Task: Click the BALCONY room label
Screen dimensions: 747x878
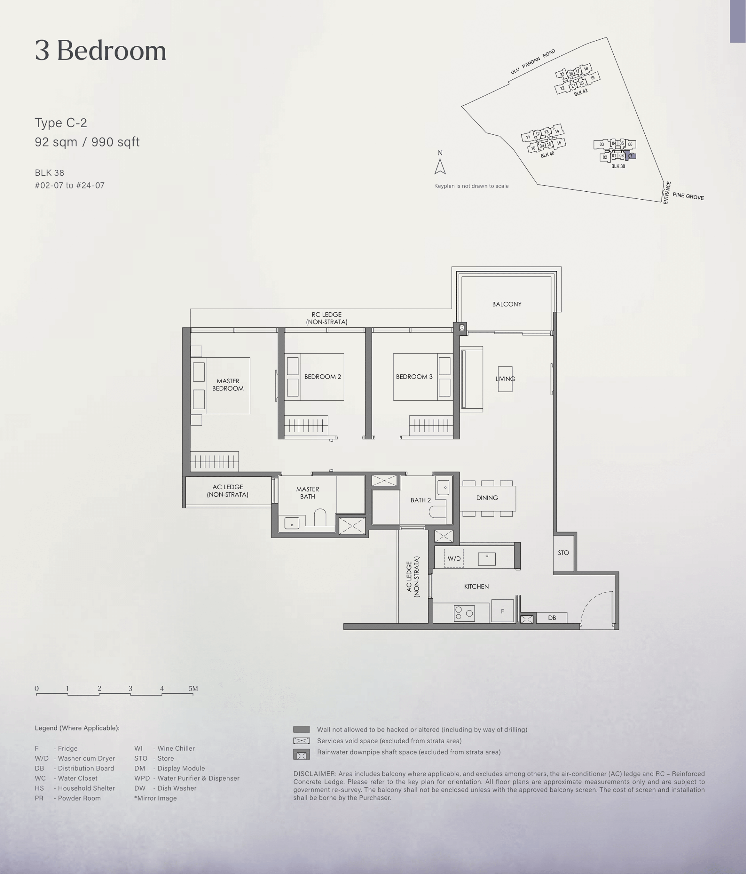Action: pyautogui.click(x=507, y=304)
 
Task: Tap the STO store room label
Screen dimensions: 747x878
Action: pyautogui.click(x=563, y=553)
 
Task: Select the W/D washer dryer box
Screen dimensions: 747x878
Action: pyautogui.click(x=454, y=558)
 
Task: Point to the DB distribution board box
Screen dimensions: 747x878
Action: pyautogui.click(x=552, y=618)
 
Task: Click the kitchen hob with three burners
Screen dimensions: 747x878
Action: pyautogui.click(x=464, y=613)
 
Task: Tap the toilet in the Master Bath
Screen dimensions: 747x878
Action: pyautogui.click(x=320, y=517)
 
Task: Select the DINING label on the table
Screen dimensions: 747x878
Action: pyautogui.click(x=487, y=498)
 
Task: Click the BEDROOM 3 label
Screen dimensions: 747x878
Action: pyautogui.click(x=414, y=377)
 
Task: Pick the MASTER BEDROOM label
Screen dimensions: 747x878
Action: pyautogui.click(x=228, y=385)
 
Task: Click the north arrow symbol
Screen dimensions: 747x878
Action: pyautogui.click(x=440, y=166)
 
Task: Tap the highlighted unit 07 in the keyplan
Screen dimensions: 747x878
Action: pyautogui.click(x=630, y=156)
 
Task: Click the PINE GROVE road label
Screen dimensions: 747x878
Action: pyautogui.click(x=688, y=196)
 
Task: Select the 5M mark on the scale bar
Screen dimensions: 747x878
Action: pyautogui.click(x=193, y=689)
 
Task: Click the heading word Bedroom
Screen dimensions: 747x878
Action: pyautogui.click(x=111, y=51)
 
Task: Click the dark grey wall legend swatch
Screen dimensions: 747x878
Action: pyautogui.click(x=302, y=729)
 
